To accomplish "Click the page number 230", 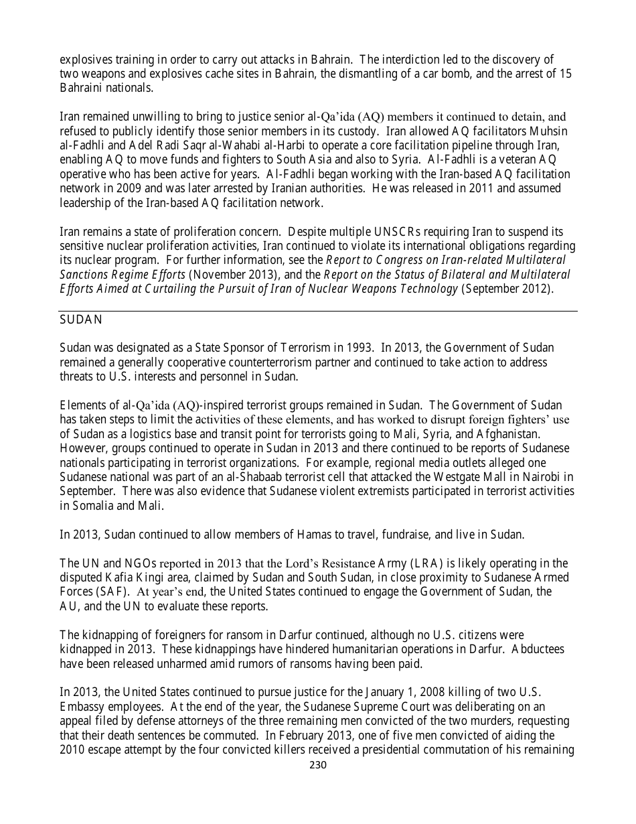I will [317, 765].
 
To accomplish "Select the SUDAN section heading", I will [81, 320].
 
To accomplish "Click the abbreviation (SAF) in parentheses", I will [114, 592].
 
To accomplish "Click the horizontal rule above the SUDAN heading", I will [319, 311].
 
